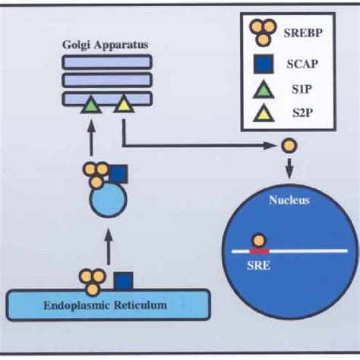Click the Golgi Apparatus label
[106, 45]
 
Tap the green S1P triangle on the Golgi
[91, 105]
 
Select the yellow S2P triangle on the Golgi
[124, 104]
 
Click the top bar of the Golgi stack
[107, 62]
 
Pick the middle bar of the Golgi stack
[107, 81]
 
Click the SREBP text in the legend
[303, 33]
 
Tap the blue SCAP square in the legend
[264, 64]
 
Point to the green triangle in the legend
[264, 90]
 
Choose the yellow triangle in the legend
[264, 113]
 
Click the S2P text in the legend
[302, 112]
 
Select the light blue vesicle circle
[108, 200]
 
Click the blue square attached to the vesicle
[118, 174]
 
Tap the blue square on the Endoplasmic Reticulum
[123, 282]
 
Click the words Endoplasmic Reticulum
[105, 305]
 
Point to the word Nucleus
[289, 201]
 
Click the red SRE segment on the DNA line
[259, 251]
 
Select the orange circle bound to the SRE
[259, 241]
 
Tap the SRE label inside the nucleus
[258, 266]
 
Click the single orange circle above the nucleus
[289, 146]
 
